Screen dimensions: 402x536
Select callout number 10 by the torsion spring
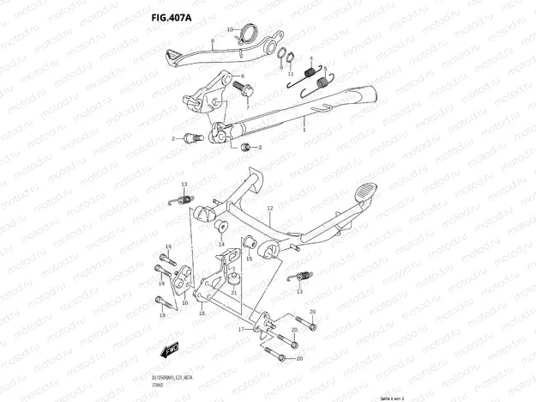point(229,30)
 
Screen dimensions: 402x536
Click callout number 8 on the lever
point(211,40)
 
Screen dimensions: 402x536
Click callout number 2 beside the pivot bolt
point(174,138)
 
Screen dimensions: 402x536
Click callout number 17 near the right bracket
point(242,330)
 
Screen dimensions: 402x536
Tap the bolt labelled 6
point(239,87)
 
